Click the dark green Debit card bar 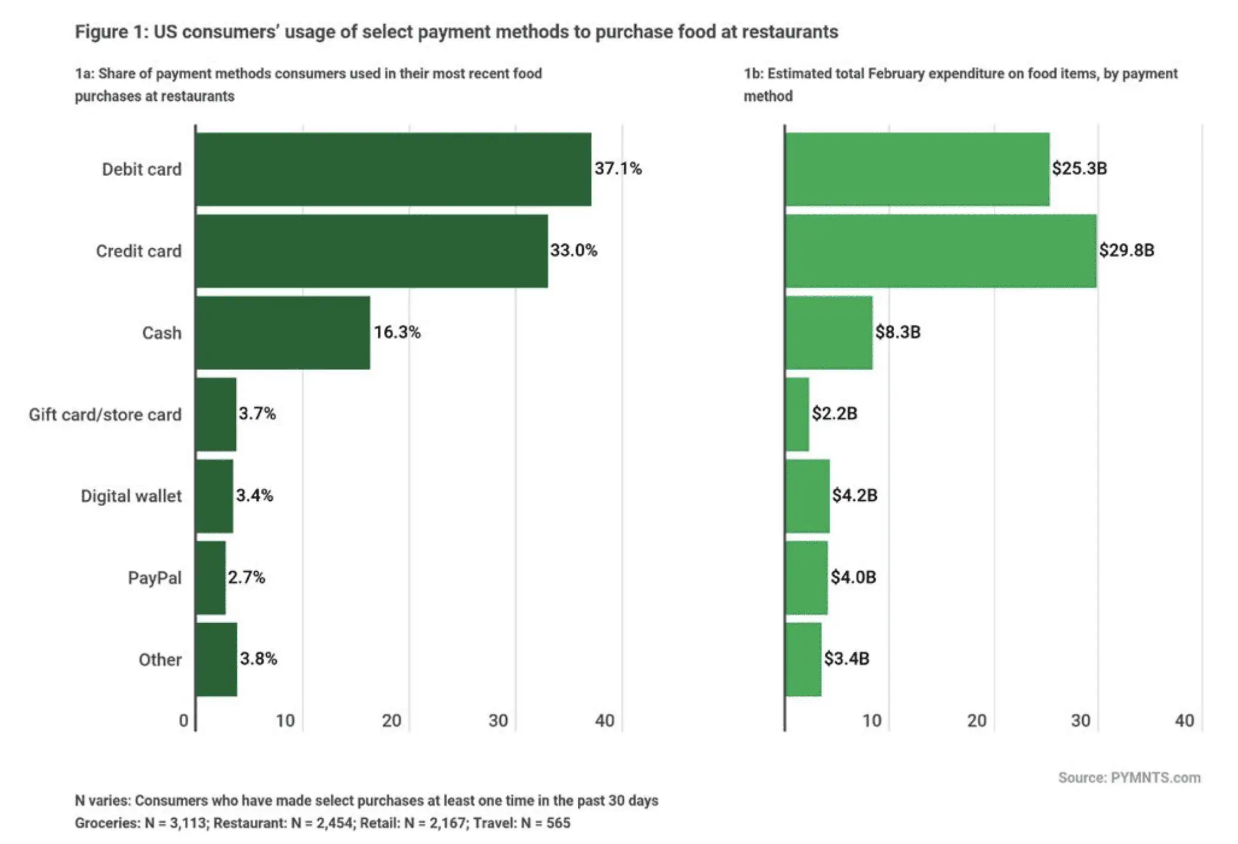(x=393, y=170)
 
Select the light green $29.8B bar (x=940, y=251)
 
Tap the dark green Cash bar (x=282, y=332)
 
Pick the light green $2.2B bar (x=797, y=414)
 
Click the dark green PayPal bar (x=210, y=578)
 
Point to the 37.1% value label (x=617, y=169)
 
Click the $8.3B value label (x=897, y=332)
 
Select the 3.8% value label (x=258, y=659)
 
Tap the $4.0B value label (x=853, y=577)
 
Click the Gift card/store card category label (x=105, y=415)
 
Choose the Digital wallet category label (x=131, y=496)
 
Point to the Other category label (x=159, y=660)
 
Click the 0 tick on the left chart (x=184, y=720)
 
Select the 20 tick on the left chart (x=392, y=720)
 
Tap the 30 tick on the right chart (x=1080, y=720)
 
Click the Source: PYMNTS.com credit (x=1129, y=778)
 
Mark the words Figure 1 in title (x=110, y=32)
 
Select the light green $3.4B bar (x=803, y=660)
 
